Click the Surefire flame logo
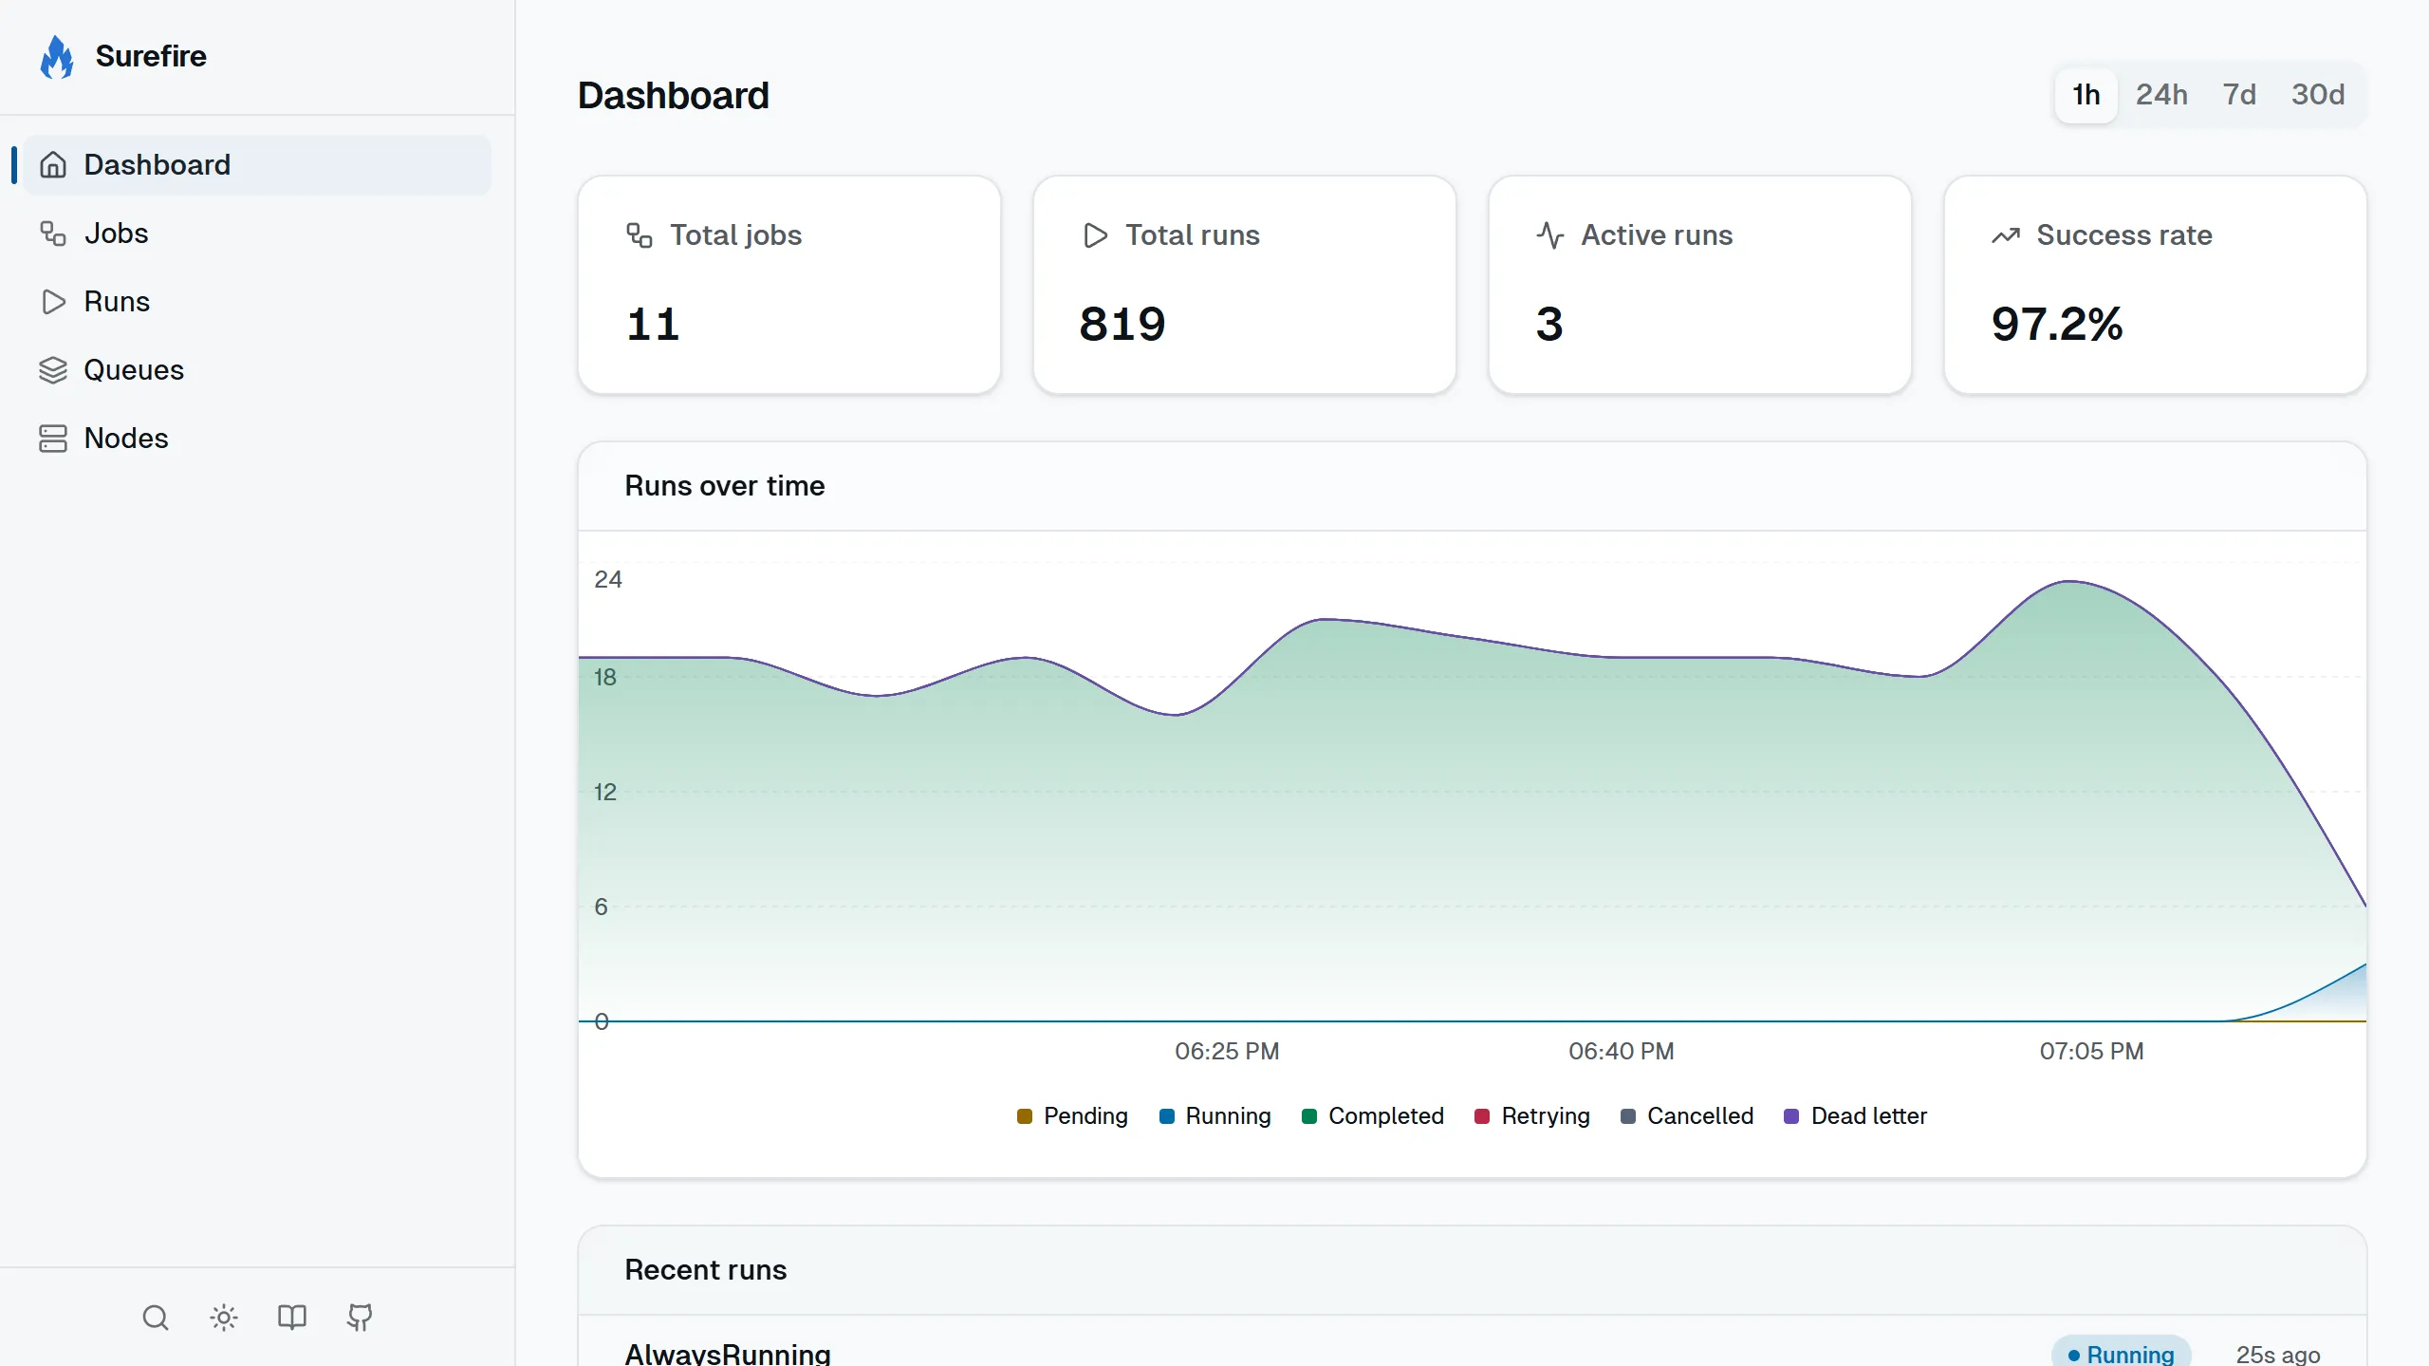click(x=57, y=57)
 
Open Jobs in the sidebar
click(x=116, y=234)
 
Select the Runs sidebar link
click(x=116, y=302)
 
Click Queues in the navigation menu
click(x=133, y=370)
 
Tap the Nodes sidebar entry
click(x=125, y=439)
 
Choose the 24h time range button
click(x=2161, y=95)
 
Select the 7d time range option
click(x=2239, y=95)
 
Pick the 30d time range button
click(x=2317, y=95)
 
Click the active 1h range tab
click(x=2086, y=95)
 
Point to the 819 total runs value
click(x=1122, y=325)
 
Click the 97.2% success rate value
click(x=2057, y=325)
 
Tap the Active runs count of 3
click(x=1549, y=325)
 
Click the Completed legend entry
click(x=1373, y=1116)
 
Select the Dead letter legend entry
click(x=1856, y=1116)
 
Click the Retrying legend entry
click(x=1532, y=1116)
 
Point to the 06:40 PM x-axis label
click(x=1621, y=1052)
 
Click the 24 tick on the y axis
click(x=607, y=580)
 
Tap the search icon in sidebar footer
click(x=156, y=1318)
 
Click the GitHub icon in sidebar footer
click(x=360, y=1318)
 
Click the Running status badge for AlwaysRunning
click(x=2122, y=1354)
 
